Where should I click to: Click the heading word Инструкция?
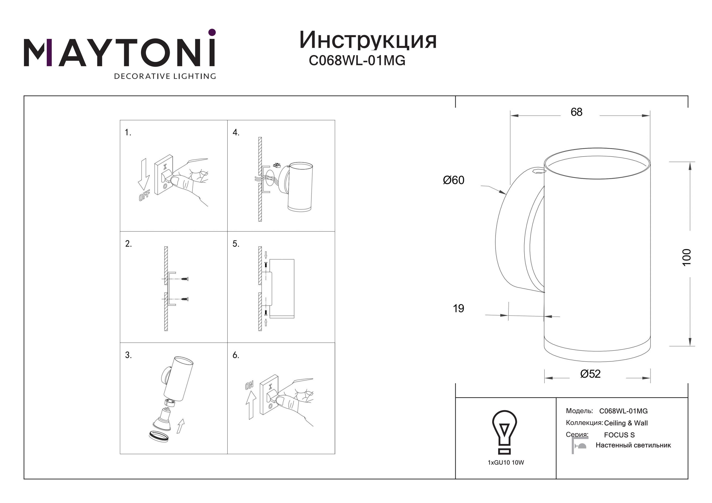coord(368,41)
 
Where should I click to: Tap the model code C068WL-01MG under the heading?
coord(357,60)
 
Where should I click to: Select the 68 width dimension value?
coord(576,112)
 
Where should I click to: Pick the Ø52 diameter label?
coord(590,374)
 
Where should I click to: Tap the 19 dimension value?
coord(458,308)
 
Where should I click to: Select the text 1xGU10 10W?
coord(506,462)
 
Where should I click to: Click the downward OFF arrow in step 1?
coord(144,174)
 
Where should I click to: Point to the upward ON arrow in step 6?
coord(251,405)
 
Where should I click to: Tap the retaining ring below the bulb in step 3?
coord(159,436)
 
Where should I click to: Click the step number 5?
coord(236,244)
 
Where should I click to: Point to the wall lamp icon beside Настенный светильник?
coord(579,446)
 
